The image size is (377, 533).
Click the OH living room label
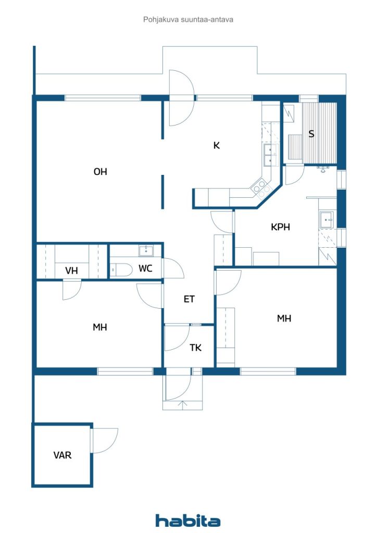[100, 172]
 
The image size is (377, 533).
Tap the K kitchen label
[217, 146]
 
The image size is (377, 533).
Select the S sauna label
[311, 134]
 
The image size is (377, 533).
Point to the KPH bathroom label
[280, 227]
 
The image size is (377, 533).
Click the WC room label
[145, 269]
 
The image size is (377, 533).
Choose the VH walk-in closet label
[71, 271]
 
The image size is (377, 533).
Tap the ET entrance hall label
[189, 299]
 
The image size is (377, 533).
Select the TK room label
[195, 348]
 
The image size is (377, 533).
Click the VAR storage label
[62, 455]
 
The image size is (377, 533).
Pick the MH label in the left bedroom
[100, 327]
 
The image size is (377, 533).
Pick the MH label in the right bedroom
[284, 319]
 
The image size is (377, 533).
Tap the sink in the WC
[146, 251]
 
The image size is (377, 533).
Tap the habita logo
[188, 521]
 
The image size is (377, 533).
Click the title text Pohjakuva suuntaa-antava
[188, 20]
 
